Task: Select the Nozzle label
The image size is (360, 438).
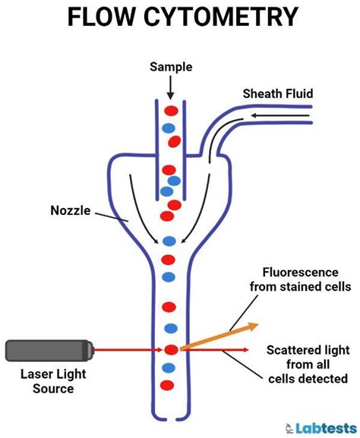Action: coord(71,213)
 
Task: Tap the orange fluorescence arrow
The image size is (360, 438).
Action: coord(219,336)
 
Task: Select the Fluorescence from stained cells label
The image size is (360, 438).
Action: coord(301,279)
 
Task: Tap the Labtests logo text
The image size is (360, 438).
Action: coord(324,427)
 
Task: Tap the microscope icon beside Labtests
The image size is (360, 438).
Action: coord(292,427)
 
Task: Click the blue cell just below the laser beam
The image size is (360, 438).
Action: coord(170,367)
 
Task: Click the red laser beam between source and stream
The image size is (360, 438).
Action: coord(129,350)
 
